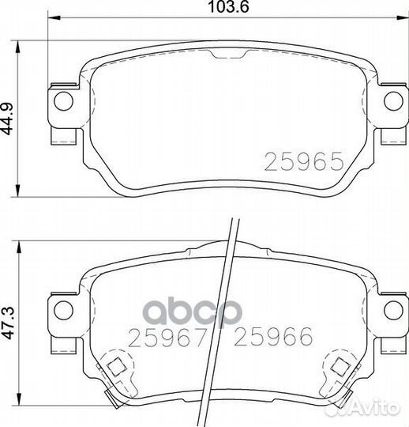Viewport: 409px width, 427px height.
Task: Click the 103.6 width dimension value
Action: point(228,7)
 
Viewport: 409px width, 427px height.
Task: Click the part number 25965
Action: point(304,161)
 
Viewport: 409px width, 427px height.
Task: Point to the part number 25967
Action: point(167,337)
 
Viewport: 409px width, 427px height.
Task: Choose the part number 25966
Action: point(273,337)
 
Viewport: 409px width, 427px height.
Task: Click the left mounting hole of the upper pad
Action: point(64,101)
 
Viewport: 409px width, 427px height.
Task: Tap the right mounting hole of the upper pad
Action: point(393,101)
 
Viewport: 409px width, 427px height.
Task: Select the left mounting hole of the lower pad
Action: point(64,310)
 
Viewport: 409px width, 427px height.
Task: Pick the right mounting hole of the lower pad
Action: point(393,310)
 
